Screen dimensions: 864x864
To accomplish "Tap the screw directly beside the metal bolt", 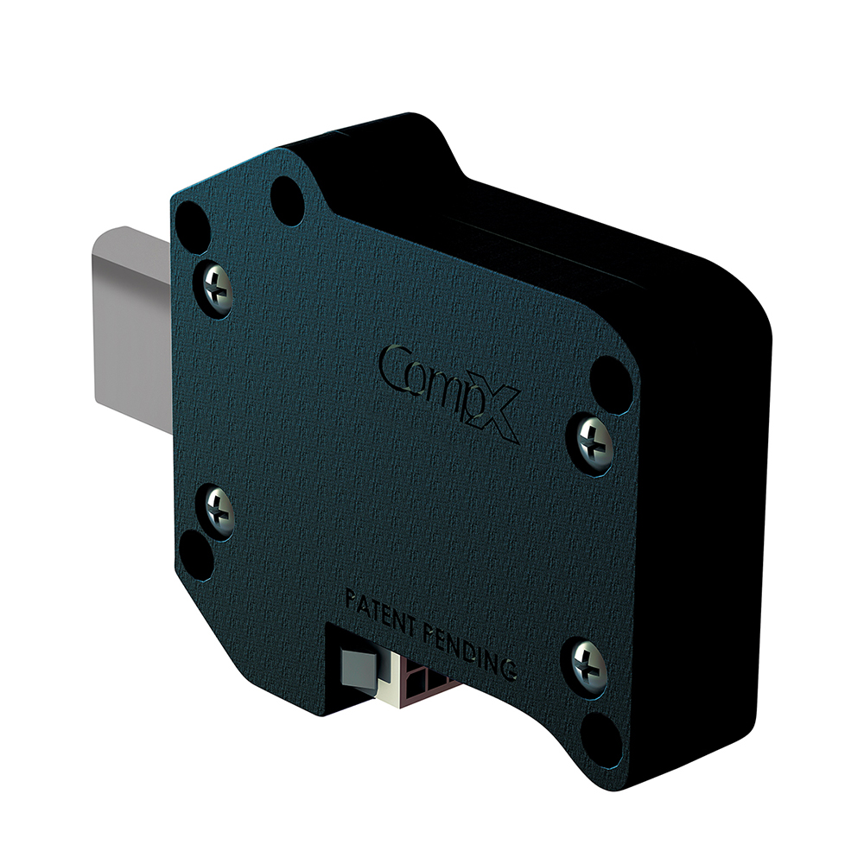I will point(216,289).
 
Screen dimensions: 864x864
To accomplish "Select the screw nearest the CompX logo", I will point(594,443).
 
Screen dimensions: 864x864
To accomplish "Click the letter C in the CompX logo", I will point(397,367).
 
